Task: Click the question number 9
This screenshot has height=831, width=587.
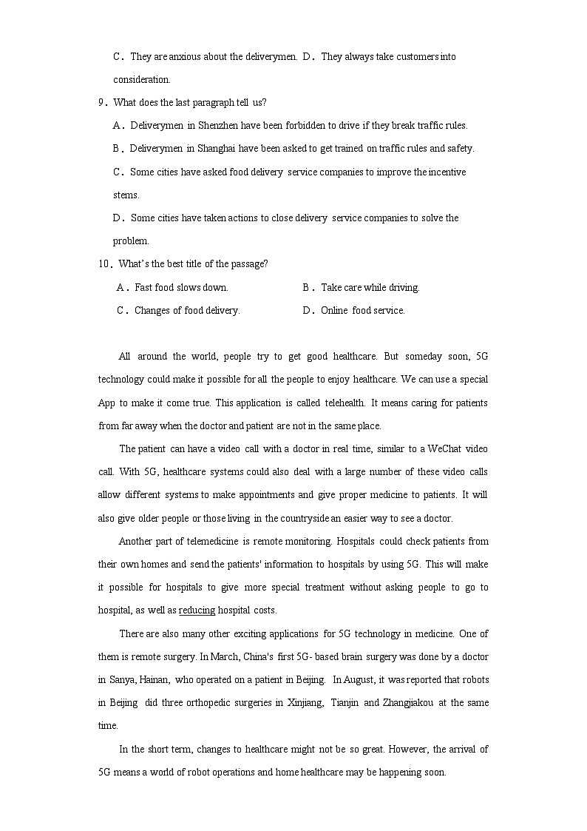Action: (x=101, y=103)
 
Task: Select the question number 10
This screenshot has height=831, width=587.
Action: (x=104, y=264)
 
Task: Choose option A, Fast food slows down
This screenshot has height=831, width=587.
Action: (x=181, y=287)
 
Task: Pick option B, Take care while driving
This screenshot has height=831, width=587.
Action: (x=370, y=287)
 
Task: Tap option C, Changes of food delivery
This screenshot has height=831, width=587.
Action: (x=187, y=311)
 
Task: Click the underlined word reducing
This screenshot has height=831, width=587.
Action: (x=197, y=610)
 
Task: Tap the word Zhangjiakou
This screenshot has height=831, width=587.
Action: (x=413, y=702)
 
